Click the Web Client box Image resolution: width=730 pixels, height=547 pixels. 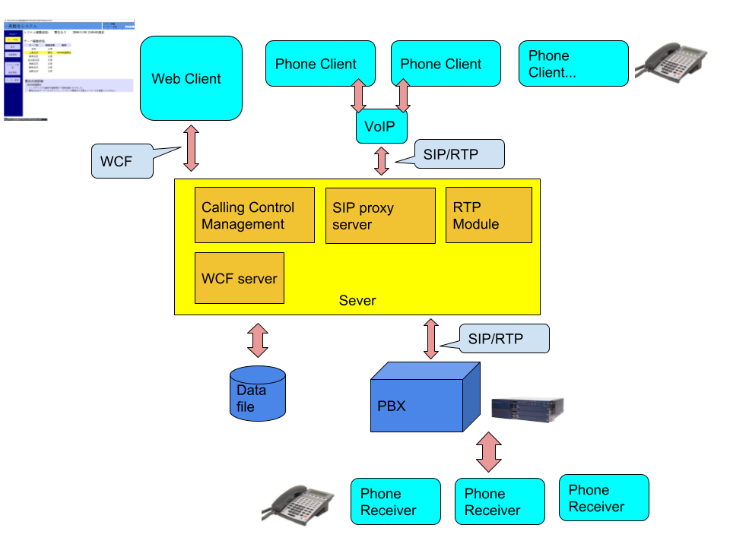pyautogui.click(x=191, y=78)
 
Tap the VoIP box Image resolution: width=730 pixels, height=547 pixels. pyautogui.click(x=381, y=126)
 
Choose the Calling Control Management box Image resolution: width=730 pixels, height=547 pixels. pyautogui.click(x=254, y=215)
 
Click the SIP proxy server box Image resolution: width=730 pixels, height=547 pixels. pyautogui.click(x=379, y=216)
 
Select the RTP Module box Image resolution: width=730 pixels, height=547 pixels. pyautogui.click(x=488, y=215)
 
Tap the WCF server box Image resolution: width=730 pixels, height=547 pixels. pyautogui.click(x=239, y=278)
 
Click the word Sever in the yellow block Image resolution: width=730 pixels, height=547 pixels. pyautogui.click(x=357, y=301)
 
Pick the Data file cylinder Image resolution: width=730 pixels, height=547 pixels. pyautogui.click(x=258, y=394)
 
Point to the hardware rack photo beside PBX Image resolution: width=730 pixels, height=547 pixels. pyautogui.click(x=530, y=406)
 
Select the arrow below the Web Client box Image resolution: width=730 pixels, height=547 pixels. pyautogui.click(x=191, y=148)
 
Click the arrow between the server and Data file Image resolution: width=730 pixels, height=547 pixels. pyautogui.click(x=258, y=340)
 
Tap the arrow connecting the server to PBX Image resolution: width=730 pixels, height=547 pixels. pyautogui.click(x=431, y=338)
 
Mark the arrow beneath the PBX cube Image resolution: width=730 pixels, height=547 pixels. pyautogui.click(x=488, y=453)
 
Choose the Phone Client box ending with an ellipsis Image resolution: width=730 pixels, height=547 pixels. pyautogui.click(x=573, y=64)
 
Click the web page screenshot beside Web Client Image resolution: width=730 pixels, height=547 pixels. pyautogui.click(x=68, y=70)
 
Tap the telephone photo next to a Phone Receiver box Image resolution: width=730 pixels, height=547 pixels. pyautogui.click(x=299, y=506)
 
